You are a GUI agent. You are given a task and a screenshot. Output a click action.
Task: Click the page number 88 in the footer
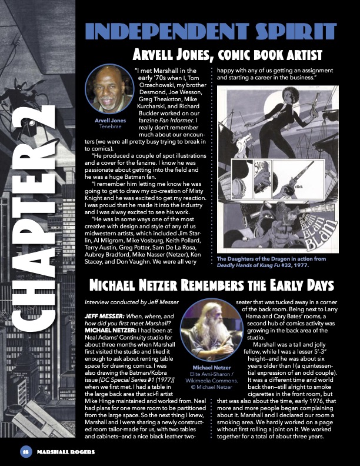[25, 451]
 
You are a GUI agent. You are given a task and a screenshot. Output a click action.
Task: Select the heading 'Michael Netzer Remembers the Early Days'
[211, 285]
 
